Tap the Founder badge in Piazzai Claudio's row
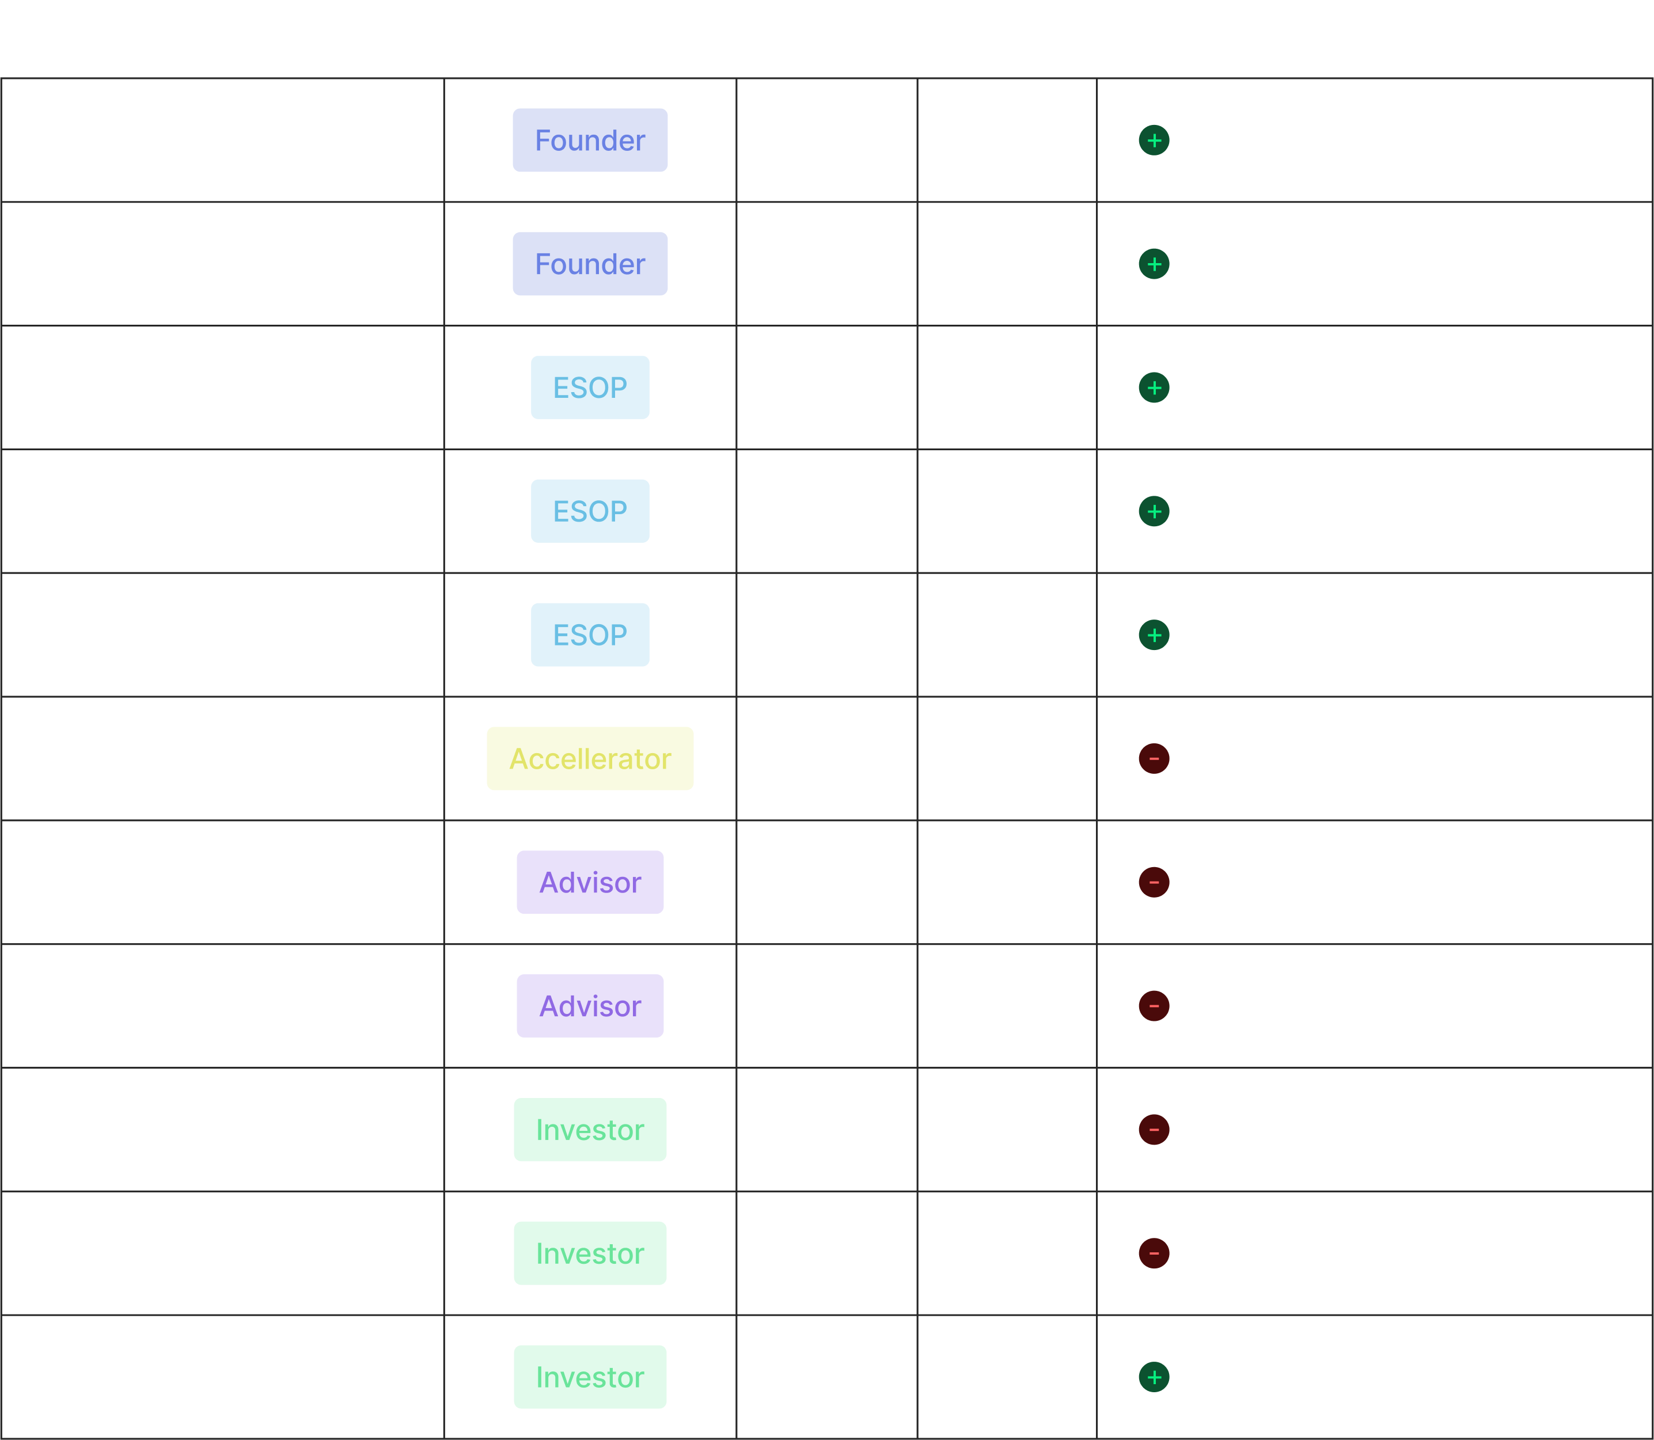(x=590, y=264)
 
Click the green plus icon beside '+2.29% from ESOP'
(x=1154, y=388)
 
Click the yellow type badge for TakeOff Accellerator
(x=590, y=758)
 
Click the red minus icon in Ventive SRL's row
(x=1154, y=882)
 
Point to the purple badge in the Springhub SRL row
(x=590, y=1006)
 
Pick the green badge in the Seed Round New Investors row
(x=590, y=1377)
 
